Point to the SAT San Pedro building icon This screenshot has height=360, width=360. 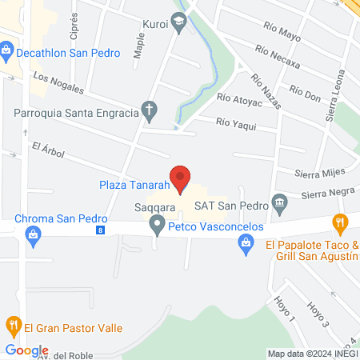pyautogui.click(x=279, y=200)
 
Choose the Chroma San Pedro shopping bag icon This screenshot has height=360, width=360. pyautogui.click(x=33, y=234)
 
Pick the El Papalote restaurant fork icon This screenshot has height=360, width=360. pyautogui.click(x=340, y=222)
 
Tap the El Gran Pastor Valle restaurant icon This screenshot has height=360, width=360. pyautogui.click(x=13, y=326)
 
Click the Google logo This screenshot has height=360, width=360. pyautogui.click(x=27, y=350)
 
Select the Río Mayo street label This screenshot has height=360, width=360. pyautogui.click(x=278, y=35)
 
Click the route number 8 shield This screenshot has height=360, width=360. pyautogui.click(x=100, y=230)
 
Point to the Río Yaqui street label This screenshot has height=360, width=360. pyautogui.click(x=236, y=121)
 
